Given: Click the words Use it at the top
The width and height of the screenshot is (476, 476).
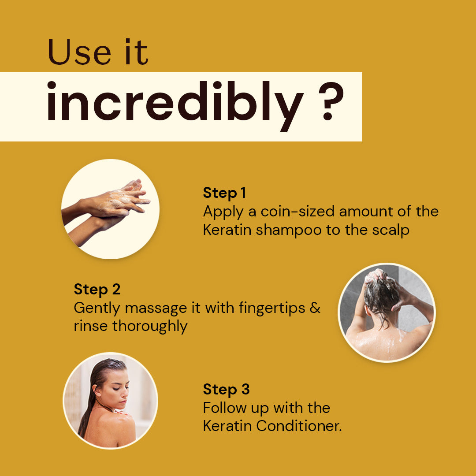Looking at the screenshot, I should click(98, 52).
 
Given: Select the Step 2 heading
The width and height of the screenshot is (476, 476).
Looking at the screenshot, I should click(97, 290).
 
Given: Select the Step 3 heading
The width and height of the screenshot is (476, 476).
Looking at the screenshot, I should click(226, 390).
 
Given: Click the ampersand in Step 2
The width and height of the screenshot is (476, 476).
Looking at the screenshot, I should click(315, 308).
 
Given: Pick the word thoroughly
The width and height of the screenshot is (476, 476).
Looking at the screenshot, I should click(150, 327).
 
